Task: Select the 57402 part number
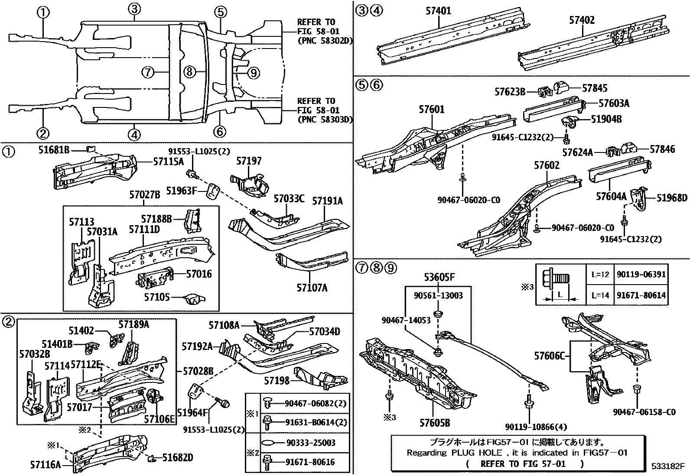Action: click(x=582, y=19)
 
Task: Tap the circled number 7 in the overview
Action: click(x=148, y=72)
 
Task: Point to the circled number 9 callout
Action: click(x=254, y=73)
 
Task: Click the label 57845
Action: click(x=595, y=88)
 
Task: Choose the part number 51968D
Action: click(x=672, y=198)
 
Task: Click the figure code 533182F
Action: click(x=667, y=466)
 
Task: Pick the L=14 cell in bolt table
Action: click(x=600, y=295)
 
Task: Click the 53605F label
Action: click(x=439, y=277)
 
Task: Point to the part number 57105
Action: click(x=156, y=297)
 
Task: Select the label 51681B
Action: click(x=54, y=150)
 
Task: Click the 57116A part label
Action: click(x=46, y=464)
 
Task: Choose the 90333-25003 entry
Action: click(x=311, y=443)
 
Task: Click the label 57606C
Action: click(x=550, y=356)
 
